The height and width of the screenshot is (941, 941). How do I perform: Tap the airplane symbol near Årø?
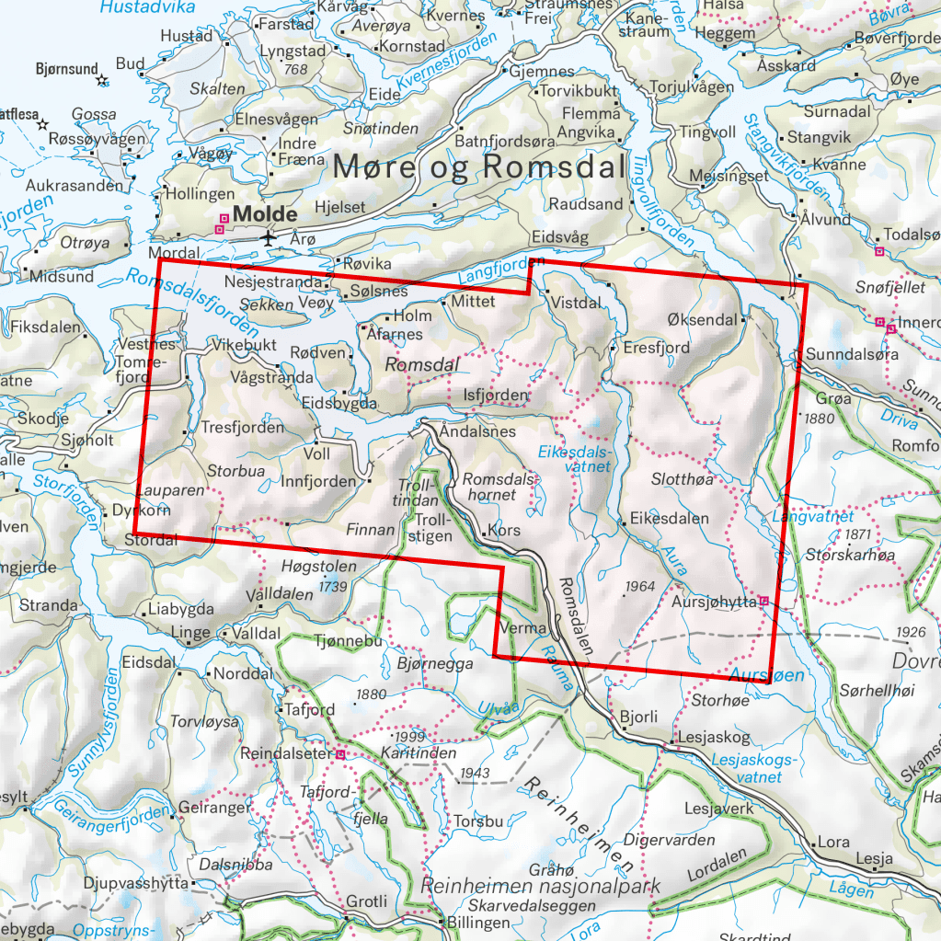268,238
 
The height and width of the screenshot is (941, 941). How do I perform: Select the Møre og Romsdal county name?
478,166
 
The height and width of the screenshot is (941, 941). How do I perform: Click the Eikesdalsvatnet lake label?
574,459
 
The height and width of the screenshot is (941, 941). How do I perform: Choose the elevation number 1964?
637,586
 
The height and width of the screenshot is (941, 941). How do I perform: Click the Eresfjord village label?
656,349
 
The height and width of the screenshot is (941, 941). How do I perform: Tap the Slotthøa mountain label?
682,479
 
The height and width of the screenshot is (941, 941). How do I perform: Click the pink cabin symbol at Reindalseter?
340,754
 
